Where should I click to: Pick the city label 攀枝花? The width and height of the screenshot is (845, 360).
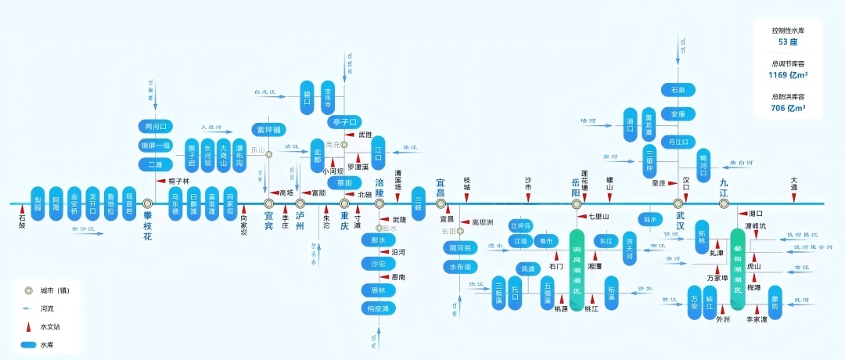click(146, 221)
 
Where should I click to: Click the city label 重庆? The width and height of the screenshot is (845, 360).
click(345, 215)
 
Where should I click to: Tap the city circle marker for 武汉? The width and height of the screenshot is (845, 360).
click(679, 203)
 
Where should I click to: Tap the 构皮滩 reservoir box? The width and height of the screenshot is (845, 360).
click(378, 308)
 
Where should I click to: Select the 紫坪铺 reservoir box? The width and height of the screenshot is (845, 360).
click(268, 129)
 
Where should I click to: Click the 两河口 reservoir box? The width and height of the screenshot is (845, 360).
click(154, 126)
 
